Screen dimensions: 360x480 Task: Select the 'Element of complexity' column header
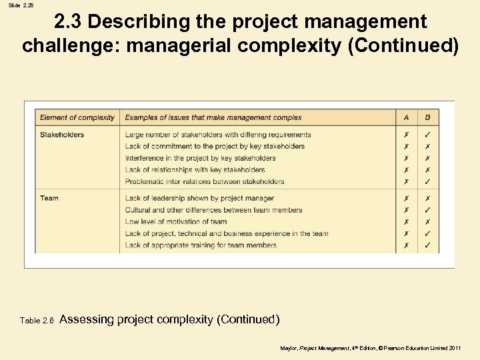point(77,118)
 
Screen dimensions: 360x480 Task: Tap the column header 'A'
point(407,118)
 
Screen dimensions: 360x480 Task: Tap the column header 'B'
point(427,118)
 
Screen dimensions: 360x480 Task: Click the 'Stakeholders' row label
point(62,135)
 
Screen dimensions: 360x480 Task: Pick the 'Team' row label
point(49,198)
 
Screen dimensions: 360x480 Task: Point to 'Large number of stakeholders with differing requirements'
point(218,135)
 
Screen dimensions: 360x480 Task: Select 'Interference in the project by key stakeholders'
point(200,158)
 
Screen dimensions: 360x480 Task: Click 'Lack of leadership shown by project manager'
point(199,198)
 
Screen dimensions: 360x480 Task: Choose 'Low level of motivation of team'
point(176,222)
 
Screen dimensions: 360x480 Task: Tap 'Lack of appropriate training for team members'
point(201,245)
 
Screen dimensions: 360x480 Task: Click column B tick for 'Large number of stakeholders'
point(427,135)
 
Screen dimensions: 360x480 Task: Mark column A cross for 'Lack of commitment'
point(407,147)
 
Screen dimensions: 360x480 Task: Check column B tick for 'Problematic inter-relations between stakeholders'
point(427,181)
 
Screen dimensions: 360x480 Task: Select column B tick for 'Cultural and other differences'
point(427,210)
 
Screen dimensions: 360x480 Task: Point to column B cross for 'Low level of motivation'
point(427,222)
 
